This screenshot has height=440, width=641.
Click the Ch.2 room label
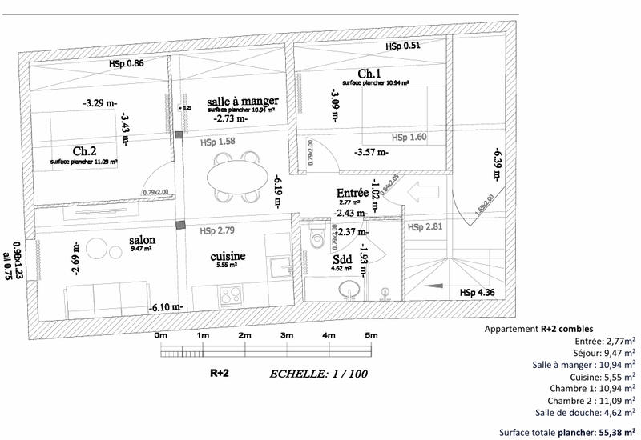tap(85, 150)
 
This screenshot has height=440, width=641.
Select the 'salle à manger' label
tap(242, 101)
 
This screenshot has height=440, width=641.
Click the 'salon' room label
tap(142, 240)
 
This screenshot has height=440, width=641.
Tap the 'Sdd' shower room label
tap(342, 260)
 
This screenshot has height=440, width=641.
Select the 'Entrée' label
tap(352, 193)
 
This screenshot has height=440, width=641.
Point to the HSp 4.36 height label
tap(478, 293)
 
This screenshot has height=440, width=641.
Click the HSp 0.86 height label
tap(126, 63)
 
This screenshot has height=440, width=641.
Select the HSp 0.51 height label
tap(403, 46)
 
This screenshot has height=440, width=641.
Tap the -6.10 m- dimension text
tap(166, 307)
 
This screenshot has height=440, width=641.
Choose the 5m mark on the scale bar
tap(370, 335)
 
